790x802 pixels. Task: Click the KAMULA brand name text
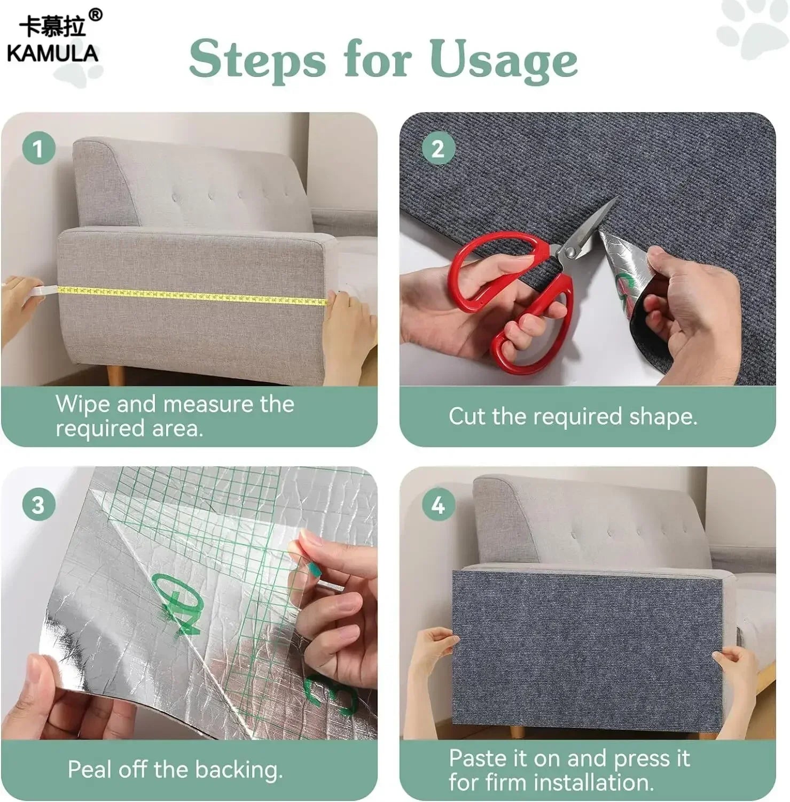click(x=52, y=53)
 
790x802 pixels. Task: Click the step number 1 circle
click(x=38, y=148)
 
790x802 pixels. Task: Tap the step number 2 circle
click(x=437, y=148)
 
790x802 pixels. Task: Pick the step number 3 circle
click(x=38, y=504)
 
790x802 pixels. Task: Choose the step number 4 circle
click(x=437, y=504)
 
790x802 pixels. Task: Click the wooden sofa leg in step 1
click(x=115, y=376)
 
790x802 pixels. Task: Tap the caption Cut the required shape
click(x=573, y=417)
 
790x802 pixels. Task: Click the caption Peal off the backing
click(x=175, y=769)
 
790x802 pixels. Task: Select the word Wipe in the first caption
click(x=83, y=404)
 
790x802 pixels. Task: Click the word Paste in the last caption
click(x=478, y=758)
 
